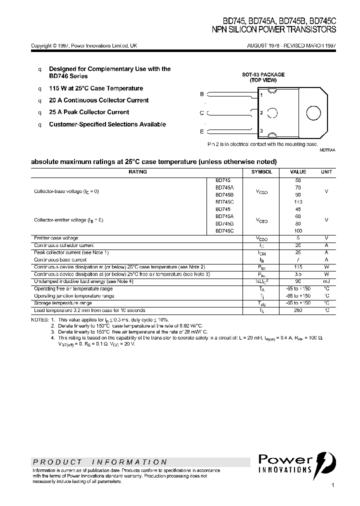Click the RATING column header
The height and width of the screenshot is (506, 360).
pyautogui.click(x=137, y=171)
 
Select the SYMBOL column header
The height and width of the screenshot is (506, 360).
pyautogui.click(x=262, y=171)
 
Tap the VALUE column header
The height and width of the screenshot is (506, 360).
pyautogui.click(x=298, y=171)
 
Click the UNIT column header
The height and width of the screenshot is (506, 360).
pyautogui.click(x=326, y=171)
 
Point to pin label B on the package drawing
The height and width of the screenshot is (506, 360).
pyautogui.click(x=202, y=94)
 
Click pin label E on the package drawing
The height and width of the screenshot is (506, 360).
pyautogui.click(x=202, y=131)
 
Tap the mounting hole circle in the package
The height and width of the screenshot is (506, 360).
pyautogui.click(x=313, y=112)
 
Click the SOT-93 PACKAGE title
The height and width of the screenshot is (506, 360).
pyautogui.click(x=263, y=74)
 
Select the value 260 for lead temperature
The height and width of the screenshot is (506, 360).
pyautogui.click(x=298, y=310)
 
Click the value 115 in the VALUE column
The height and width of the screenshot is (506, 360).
pyautogui.click(x=298, y=267)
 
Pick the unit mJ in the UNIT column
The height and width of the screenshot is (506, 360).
pyautogui.click(x=326, y=281)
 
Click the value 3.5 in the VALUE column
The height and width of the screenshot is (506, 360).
pyautogui.click(x=298, y=274)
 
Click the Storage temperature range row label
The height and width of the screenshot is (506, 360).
pyautogui.click(x=63, y=303)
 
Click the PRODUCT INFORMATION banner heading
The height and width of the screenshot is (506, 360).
pyautogui.click(x=100, y=462)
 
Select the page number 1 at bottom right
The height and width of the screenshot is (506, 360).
pyautogui.click(x=332, y=485)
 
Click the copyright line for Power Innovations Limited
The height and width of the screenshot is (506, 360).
pyautogui.click(x=84, y=45)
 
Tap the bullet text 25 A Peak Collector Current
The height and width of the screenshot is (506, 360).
pyautogui.click(x=89, y=112)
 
